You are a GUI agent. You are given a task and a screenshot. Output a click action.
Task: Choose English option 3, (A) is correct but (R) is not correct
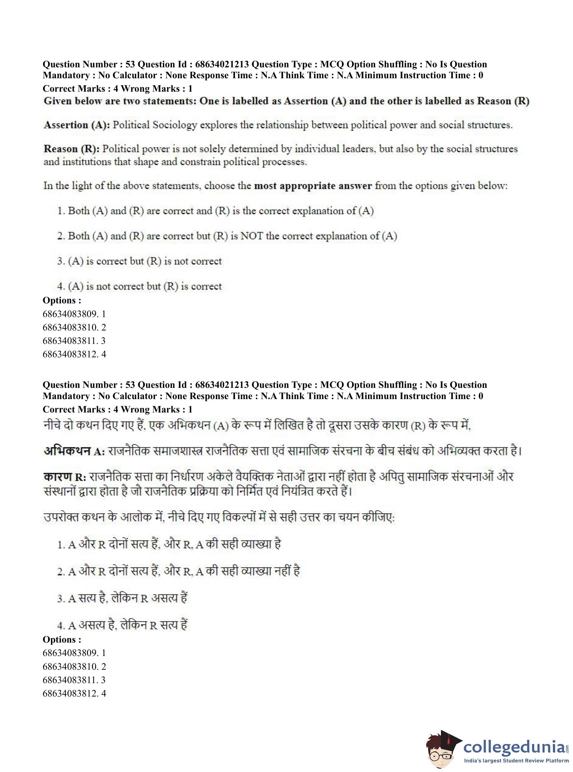coord(139,261)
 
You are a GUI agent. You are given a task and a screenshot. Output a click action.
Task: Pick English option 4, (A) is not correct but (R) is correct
coord(139,287)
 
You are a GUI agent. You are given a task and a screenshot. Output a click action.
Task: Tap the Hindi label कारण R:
coord(64,477)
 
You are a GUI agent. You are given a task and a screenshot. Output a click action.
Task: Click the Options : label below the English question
coord(62,301)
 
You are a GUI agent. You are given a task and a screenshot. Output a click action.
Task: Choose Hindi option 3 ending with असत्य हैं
coord(122,599)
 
